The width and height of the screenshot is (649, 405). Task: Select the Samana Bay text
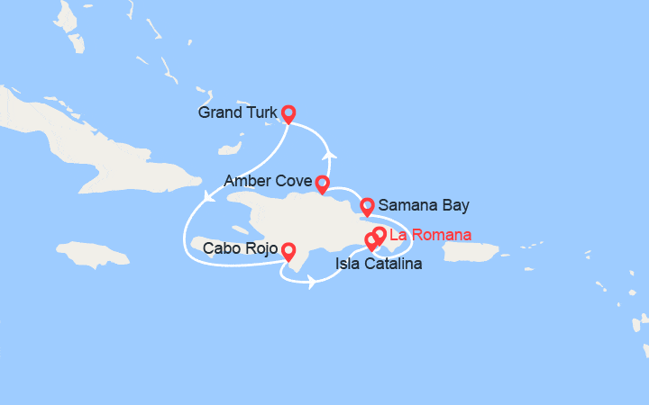pos(424,206)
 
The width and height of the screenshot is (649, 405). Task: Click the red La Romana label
pos(429,236)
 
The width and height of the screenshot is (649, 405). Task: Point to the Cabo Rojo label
pos(240,248)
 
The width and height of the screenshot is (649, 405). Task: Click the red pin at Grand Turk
pos(288,112)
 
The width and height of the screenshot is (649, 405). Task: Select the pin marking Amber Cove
pos(322,184)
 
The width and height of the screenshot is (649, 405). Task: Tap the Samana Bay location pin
pos(367,206)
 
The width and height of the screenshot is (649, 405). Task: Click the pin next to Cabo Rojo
pos(288,250)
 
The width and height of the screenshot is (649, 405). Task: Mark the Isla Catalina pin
pos(370,240)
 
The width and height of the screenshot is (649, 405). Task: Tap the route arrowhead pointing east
pos(311,282)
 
